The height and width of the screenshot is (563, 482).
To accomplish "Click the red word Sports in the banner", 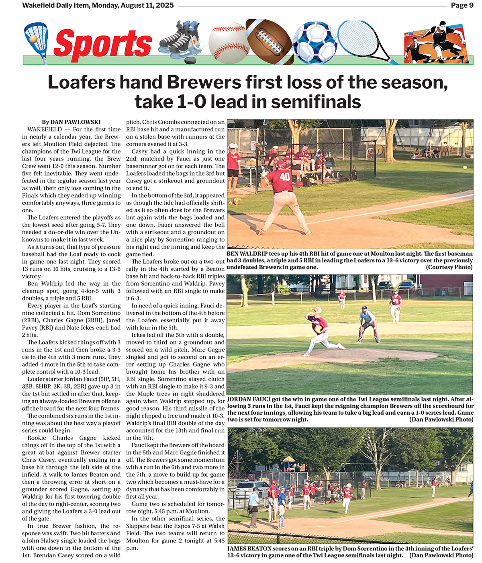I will (102, 43).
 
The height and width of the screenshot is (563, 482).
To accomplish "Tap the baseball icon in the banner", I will (228, 42).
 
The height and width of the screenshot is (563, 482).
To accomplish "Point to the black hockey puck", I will (190, 60).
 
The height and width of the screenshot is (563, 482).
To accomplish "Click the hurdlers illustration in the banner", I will (436, 43).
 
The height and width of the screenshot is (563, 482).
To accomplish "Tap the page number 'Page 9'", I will (462, 5).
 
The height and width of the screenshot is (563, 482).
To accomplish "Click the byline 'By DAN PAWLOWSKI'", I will (71, 122).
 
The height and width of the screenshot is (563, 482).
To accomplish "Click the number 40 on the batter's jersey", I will (285, 176).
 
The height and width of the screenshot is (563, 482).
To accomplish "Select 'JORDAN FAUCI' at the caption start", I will (249, 399).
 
